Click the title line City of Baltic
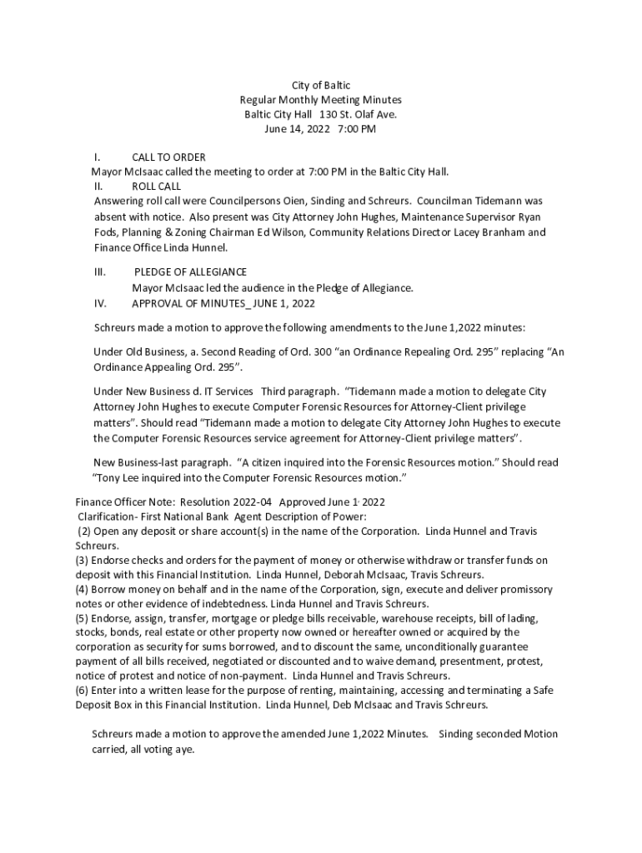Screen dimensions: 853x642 (x=320, y=86)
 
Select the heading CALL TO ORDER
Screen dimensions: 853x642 (x=168, y=157)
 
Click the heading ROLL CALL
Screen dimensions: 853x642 (x=156, y=187)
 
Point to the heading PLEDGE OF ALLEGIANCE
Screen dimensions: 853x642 (x=190, y=272)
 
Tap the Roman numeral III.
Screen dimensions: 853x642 (x=100, y=272)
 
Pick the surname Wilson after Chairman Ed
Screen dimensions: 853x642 (x=288, y=232)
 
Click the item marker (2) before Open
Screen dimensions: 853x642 (x=85, y=531)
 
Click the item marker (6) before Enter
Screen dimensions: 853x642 (x=83, y=691)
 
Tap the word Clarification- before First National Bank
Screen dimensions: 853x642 (x=108, y=517)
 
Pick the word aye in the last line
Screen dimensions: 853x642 (x=184, y=749)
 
